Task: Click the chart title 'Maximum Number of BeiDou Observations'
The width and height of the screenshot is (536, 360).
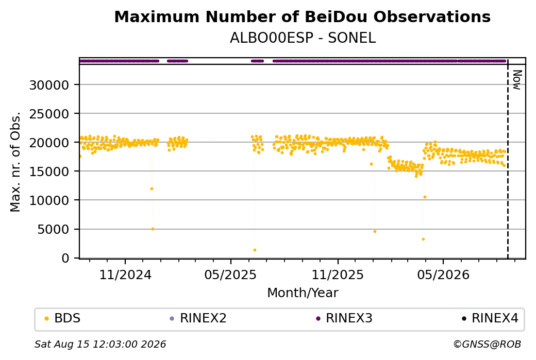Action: [x=302, y=17]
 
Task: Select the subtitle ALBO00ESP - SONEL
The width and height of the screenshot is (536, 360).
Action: [x=303, y=38]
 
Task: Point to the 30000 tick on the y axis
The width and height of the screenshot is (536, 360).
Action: [x=49, y=85]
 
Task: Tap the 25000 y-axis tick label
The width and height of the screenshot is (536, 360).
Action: [x=49, y=114]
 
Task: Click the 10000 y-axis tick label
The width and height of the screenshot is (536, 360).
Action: [x=49, y=200]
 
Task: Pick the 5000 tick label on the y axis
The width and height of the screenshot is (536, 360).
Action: [x=53, y=229]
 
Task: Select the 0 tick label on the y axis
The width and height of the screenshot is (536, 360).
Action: [x=65, y=258]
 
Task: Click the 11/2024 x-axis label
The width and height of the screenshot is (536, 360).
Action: [x=125, y=275]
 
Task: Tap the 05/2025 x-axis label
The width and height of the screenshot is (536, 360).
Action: [x=230, y=275]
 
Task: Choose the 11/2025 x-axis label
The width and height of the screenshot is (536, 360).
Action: [x=338, y=275]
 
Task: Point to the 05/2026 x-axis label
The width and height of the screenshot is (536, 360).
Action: [x=443, y=275]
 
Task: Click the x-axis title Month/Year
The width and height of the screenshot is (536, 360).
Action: [x=303, y=293]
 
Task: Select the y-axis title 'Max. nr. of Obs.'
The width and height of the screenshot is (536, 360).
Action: [x=15, y=162]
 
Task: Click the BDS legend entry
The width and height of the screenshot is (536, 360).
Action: [x=62, y=318]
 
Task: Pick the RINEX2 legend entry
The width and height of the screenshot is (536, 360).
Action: [x=198, y=318]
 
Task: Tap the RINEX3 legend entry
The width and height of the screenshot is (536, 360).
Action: [x=344, y=318]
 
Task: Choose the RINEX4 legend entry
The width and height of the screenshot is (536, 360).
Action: [x=490, y=318]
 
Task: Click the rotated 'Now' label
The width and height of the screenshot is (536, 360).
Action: [x=517, y=80]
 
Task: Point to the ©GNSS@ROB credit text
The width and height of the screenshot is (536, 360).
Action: [x=487, y=344]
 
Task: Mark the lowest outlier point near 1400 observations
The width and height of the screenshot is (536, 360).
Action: [x=255, y=250]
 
